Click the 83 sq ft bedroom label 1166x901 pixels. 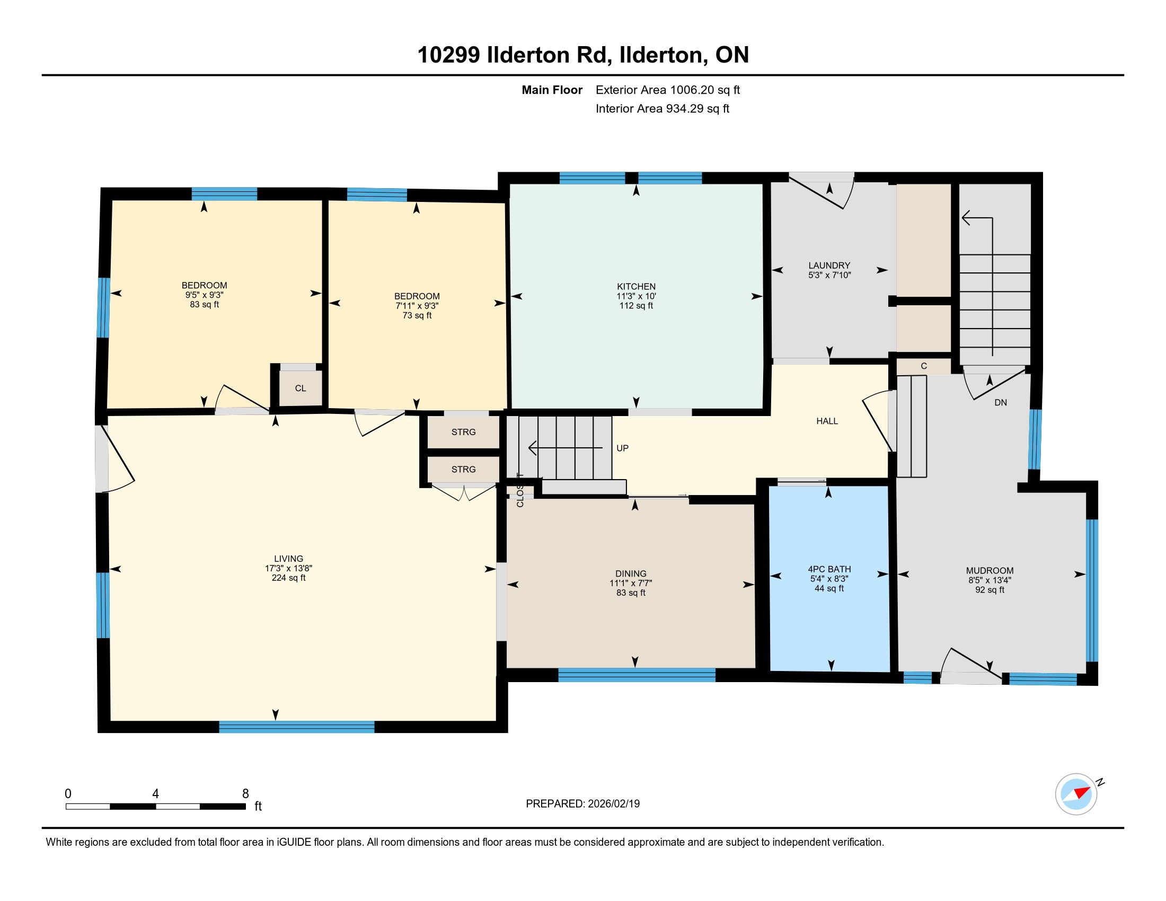[x=205, y=295]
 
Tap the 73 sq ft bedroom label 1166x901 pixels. [x=417, y=305]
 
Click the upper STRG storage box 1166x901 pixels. [x=463, y=432]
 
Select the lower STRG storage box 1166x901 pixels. [x=463, y=469]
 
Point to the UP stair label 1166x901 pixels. [x=623, y=448]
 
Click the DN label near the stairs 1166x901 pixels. [x=1001, y=402]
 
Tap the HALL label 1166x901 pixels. [x=827, y=421]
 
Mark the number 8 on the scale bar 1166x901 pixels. [x=245, y=794]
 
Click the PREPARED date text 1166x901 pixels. [x=582, y=804]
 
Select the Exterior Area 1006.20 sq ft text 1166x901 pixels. [x=668, y=90]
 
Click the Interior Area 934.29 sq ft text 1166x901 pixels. [x=662, y=109]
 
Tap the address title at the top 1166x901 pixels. [x=583, y=55]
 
